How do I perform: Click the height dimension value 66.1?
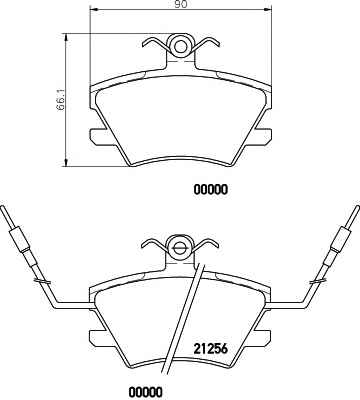tap(60, 100)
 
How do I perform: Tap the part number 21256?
tap(210, 349)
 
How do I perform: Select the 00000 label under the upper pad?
tap(211, 190)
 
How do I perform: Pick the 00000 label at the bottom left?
tap(146, 391)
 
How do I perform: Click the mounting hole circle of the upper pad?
tap(181, 46)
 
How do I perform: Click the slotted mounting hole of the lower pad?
tap(181, 247)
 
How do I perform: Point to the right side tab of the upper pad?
tap(263, 137)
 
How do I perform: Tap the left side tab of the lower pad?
tap(97, 338)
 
